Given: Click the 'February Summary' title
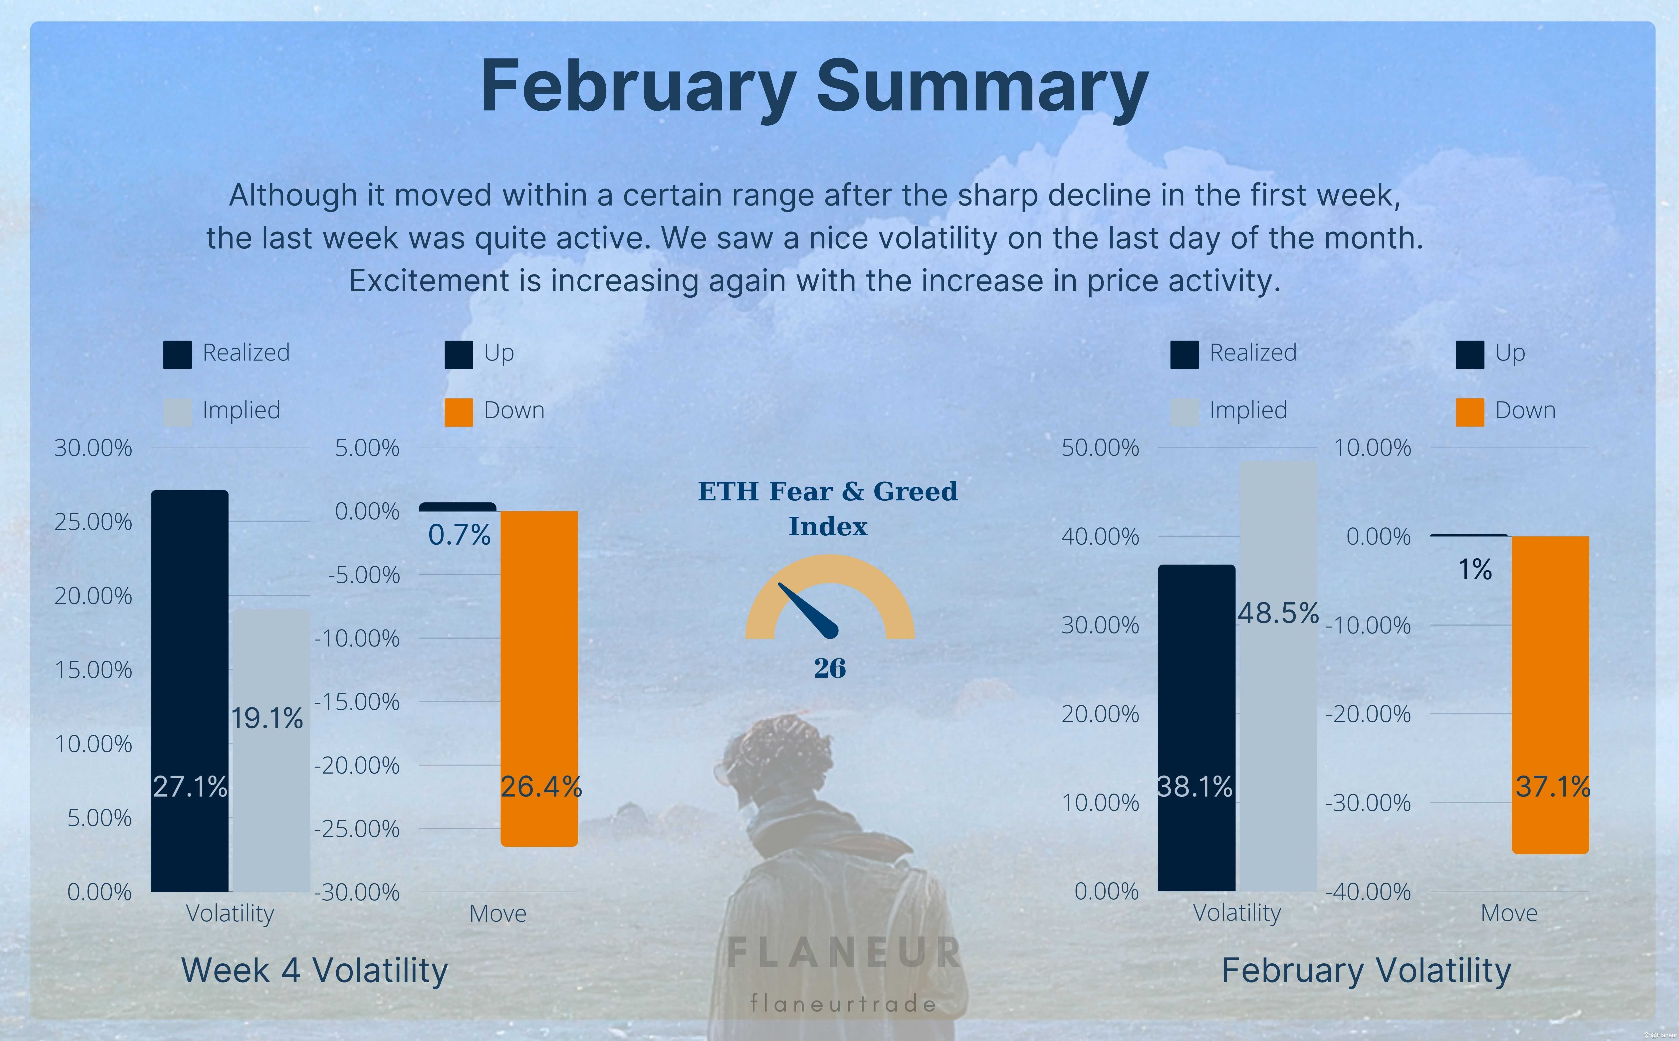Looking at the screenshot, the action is click(814, 87).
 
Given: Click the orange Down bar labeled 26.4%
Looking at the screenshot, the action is click(539, 678).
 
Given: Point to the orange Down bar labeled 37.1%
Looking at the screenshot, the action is click(1550, 695).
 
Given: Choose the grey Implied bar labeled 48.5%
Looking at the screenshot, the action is click(1278, 676).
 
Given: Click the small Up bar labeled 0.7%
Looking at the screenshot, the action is click(457, 507).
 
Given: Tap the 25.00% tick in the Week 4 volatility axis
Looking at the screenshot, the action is click(93, 522).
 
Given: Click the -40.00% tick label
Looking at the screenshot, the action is click(1368, 892).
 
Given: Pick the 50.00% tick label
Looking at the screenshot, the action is click(1100, 447).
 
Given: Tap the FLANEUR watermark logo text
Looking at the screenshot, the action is click(844, 952).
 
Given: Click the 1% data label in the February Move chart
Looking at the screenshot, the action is click(1474, 569).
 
